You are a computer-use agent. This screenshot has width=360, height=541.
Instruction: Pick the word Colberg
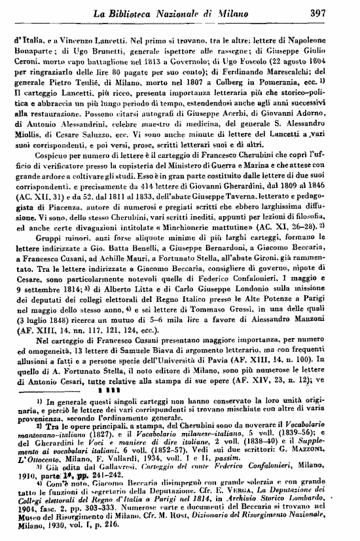click(232, 84)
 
